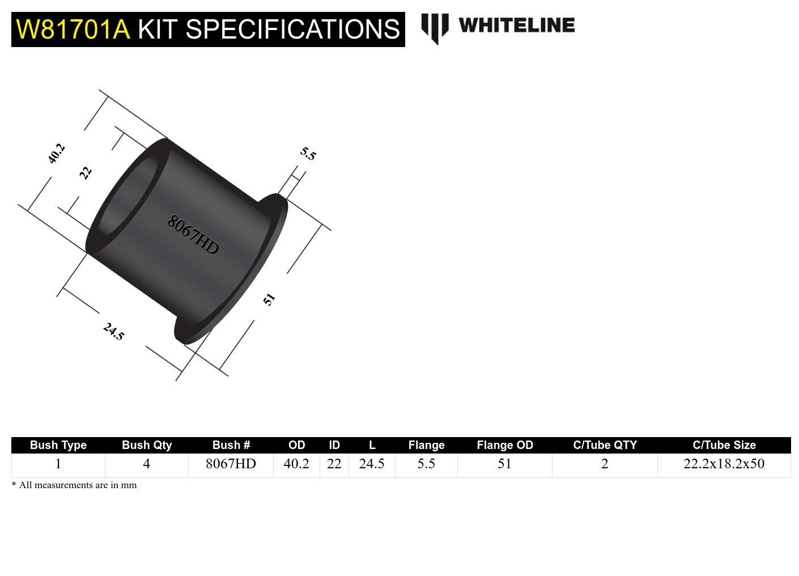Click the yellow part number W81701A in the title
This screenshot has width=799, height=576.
click(x=73, y=29)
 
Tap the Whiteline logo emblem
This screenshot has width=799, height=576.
click(x=435, y=27)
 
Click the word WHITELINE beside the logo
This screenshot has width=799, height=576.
click(x=517, y=26)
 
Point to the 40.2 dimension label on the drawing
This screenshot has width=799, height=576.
click(x=56, y=154)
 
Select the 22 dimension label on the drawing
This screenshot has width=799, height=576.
click(x=86, y=173)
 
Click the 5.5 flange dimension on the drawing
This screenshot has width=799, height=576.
click(x=308, y=154)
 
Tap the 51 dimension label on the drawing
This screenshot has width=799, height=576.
click(x=269, y=299)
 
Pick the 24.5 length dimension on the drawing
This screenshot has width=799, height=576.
click(x=113, y=331)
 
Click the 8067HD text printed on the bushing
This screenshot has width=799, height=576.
click(x=193, y=235)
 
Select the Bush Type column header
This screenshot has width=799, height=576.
click(x=58, y=445)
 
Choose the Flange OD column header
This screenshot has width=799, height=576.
click(x=505, y=445)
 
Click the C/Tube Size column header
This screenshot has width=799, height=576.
click(x=724, y=445)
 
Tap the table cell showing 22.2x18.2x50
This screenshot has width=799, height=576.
click(x=724, y=464)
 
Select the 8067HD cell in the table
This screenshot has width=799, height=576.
click(x=231, y=464)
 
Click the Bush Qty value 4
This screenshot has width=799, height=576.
click(x=146, y=464)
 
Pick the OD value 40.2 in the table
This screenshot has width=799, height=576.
click(x=296, y=464)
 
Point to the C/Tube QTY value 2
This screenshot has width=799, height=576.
click(x=605, y=464)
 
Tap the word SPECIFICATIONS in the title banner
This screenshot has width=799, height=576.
click(x=292, y=29)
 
